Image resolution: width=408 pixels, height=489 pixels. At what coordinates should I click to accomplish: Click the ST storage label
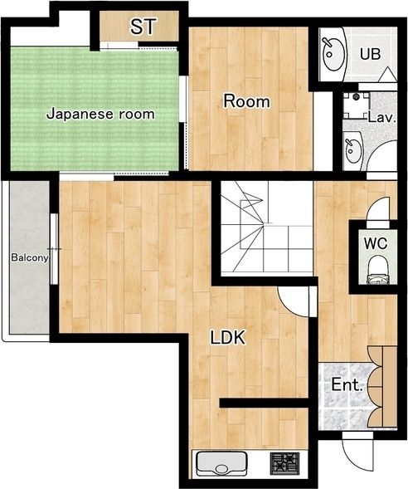click(143, 27)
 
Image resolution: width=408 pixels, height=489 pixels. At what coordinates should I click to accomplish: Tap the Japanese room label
click(100, 114)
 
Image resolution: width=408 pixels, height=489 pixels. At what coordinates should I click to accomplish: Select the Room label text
click(246, 101)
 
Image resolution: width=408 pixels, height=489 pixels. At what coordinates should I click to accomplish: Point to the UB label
click(371, 54)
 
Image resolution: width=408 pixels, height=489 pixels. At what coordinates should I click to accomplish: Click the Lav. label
click(381, 118)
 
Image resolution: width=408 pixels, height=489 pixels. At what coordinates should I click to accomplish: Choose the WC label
click(376, 243)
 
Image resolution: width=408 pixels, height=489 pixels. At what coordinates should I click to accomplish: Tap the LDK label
click(228, 337)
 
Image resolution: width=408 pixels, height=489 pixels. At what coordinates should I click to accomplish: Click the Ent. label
click(347, 384)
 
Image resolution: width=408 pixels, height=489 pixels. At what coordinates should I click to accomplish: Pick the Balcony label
click(30, 257)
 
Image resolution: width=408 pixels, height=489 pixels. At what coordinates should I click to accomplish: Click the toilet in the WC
click(378, 270)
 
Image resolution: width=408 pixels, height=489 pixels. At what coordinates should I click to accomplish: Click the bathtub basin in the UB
click(333, 54)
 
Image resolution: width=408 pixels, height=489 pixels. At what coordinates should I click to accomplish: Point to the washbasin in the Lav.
click(353, 151)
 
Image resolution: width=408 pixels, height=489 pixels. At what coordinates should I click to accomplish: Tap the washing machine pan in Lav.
click(356, 105)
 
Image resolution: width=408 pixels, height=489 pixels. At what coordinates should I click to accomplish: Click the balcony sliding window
click(54, 249)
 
